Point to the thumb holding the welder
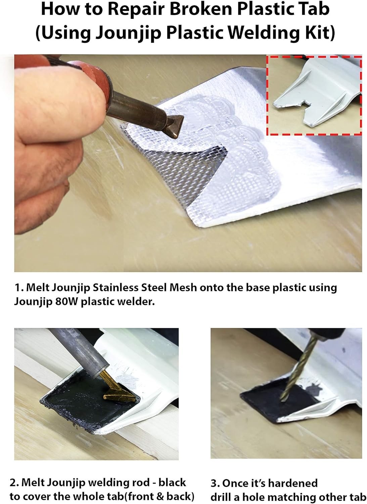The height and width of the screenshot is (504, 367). pyautogui.click(x=61, y=99)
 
